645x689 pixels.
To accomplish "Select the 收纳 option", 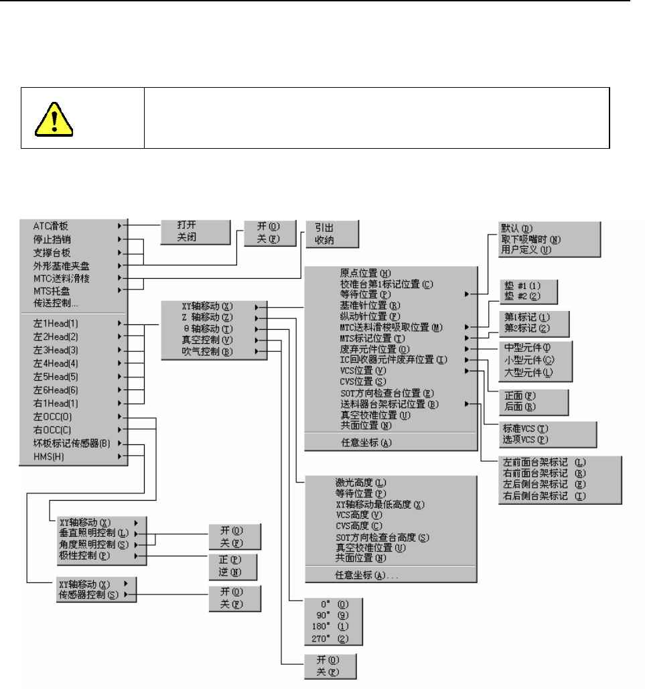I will (326, 239).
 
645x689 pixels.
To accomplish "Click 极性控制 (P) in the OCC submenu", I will (83, 556).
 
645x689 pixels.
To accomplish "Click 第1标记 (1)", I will (530, 317).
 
